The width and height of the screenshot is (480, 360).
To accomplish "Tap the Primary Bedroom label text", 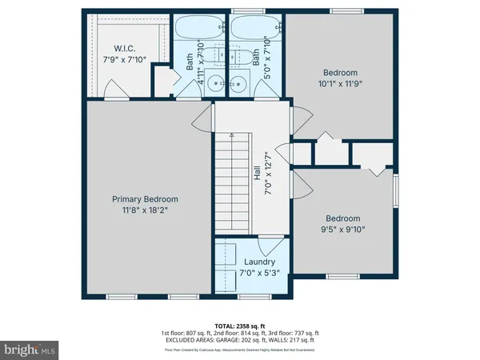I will pos(145,200).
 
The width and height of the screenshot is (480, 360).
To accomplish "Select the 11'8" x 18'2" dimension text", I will pos(145,212).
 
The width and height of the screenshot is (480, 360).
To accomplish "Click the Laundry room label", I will pos(259,262).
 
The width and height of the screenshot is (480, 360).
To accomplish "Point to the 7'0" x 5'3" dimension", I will pos(259,274).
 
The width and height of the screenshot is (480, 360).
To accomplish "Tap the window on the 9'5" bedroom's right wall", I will pos(397,192).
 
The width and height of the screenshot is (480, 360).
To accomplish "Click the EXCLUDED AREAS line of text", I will pos(240,340).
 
